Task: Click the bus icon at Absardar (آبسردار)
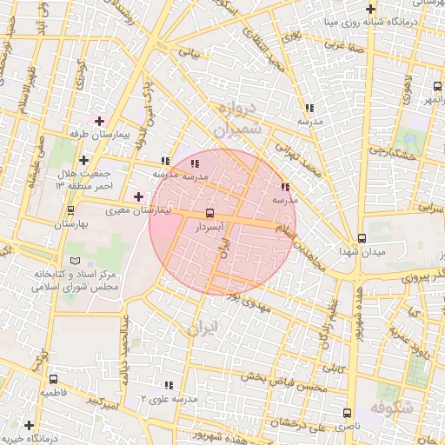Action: pos(209,213)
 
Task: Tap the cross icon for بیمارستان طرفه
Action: pos(100,121)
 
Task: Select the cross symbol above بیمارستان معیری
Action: pos(137,197)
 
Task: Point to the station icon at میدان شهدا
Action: pos(362,238)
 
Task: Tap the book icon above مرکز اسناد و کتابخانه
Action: pos(74,261)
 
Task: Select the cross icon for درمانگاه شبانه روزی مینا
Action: pos(370,8)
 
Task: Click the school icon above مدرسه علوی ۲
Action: pos(168,384)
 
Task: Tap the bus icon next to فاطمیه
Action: pos(54,380)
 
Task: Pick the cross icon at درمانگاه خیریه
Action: pos(30,425)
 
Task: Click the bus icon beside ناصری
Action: pos(348,414)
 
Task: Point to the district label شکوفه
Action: pos(389,408)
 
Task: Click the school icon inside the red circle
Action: pos(195,163)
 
